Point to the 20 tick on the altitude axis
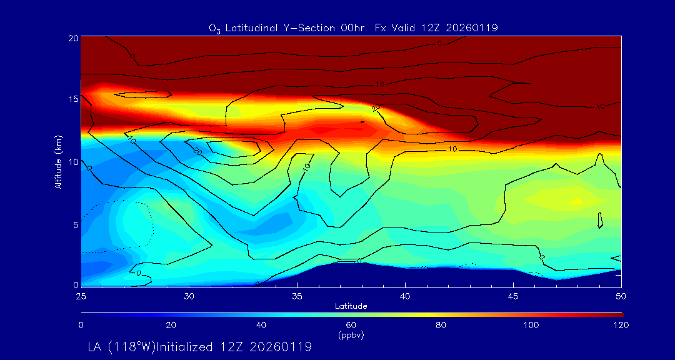(x=72, y=37)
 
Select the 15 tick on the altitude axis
(x=72, y=99)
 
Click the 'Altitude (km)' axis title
(x=58, y=162)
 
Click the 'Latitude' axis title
(x=351, y=306)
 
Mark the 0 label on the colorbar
(x=81, y=325)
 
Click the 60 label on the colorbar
(x=351, y=325)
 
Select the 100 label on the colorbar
(x=531, y=325)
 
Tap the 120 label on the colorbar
(x=621, y=325)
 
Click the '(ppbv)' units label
(x=351, y=334)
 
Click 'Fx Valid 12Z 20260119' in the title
(x=436, y=27)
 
